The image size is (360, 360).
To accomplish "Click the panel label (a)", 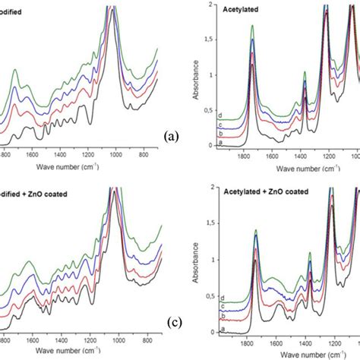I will click(x=171, y=137).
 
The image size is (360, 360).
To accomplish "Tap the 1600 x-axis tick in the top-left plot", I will click(x=43, y=153).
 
